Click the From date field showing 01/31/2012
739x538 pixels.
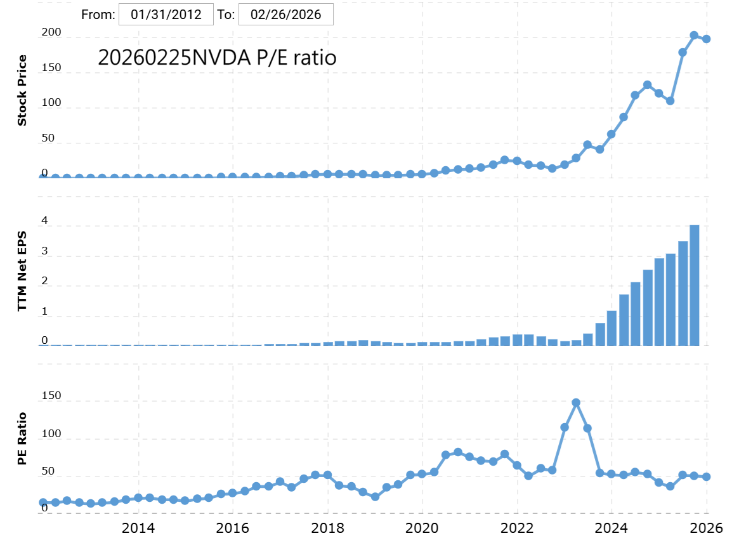166,15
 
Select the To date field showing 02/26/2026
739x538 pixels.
285,15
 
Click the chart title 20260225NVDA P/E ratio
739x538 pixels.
217,58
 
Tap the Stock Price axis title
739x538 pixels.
22,90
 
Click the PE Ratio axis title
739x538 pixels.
22,438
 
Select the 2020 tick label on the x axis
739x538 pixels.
422,527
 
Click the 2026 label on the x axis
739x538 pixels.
707,527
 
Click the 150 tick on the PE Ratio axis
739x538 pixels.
51,396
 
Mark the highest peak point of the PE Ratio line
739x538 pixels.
576,402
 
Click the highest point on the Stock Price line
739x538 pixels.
694,36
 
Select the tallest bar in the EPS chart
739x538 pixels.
695,285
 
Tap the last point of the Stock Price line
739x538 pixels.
706,39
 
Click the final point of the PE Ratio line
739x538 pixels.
706,476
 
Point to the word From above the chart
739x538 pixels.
98,15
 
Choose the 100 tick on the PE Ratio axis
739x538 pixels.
51,433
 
